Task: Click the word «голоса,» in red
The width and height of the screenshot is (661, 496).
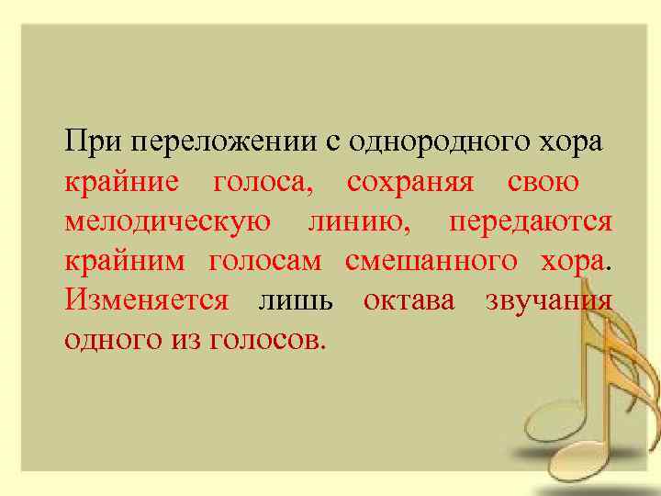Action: coord(263,184)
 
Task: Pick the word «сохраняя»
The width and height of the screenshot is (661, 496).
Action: coord(410,184)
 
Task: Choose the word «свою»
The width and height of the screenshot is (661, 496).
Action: coord(543,184)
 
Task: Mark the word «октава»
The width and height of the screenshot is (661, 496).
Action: coord(409,301)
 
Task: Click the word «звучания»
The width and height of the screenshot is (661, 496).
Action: coord(548,301)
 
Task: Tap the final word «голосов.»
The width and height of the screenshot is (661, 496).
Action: coord(268,341)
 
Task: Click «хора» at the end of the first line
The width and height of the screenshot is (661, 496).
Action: coord(569,144)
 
